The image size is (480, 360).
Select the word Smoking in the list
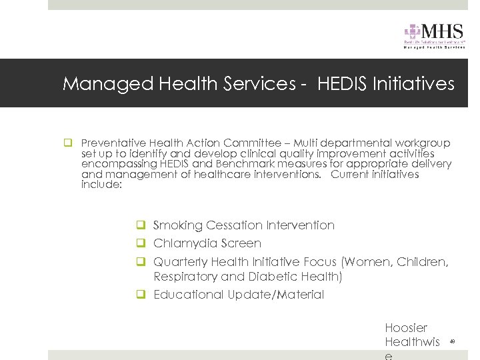[x=178, y=225]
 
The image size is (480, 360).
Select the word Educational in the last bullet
[x=189, y=295]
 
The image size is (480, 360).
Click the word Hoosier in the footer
[x=406, y=328]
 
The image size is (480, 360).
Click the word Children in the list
[x=423, y=262]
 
